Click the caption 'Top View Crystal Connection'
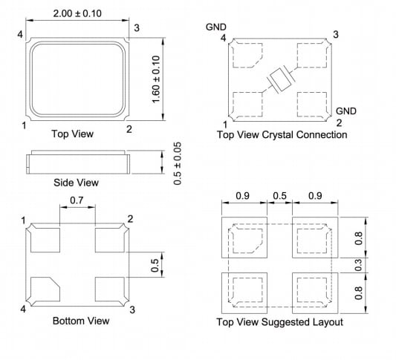click(x=282, y=135)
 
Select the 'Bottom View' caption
click(x=81, y=321)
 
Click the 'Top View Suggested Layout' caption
click(x=279, y=322)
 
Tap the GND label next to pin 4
click(x=216, y=27)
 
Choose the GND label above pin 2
click(x=346, y=111)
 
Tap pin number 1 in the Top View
click(x=24, y=127)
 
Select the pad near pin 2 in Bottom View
click(x=110, y=240)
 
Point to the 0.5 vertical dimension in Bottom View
click(x=155, y=264)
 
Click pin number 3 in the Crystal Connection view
click(x=336, y=34)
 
